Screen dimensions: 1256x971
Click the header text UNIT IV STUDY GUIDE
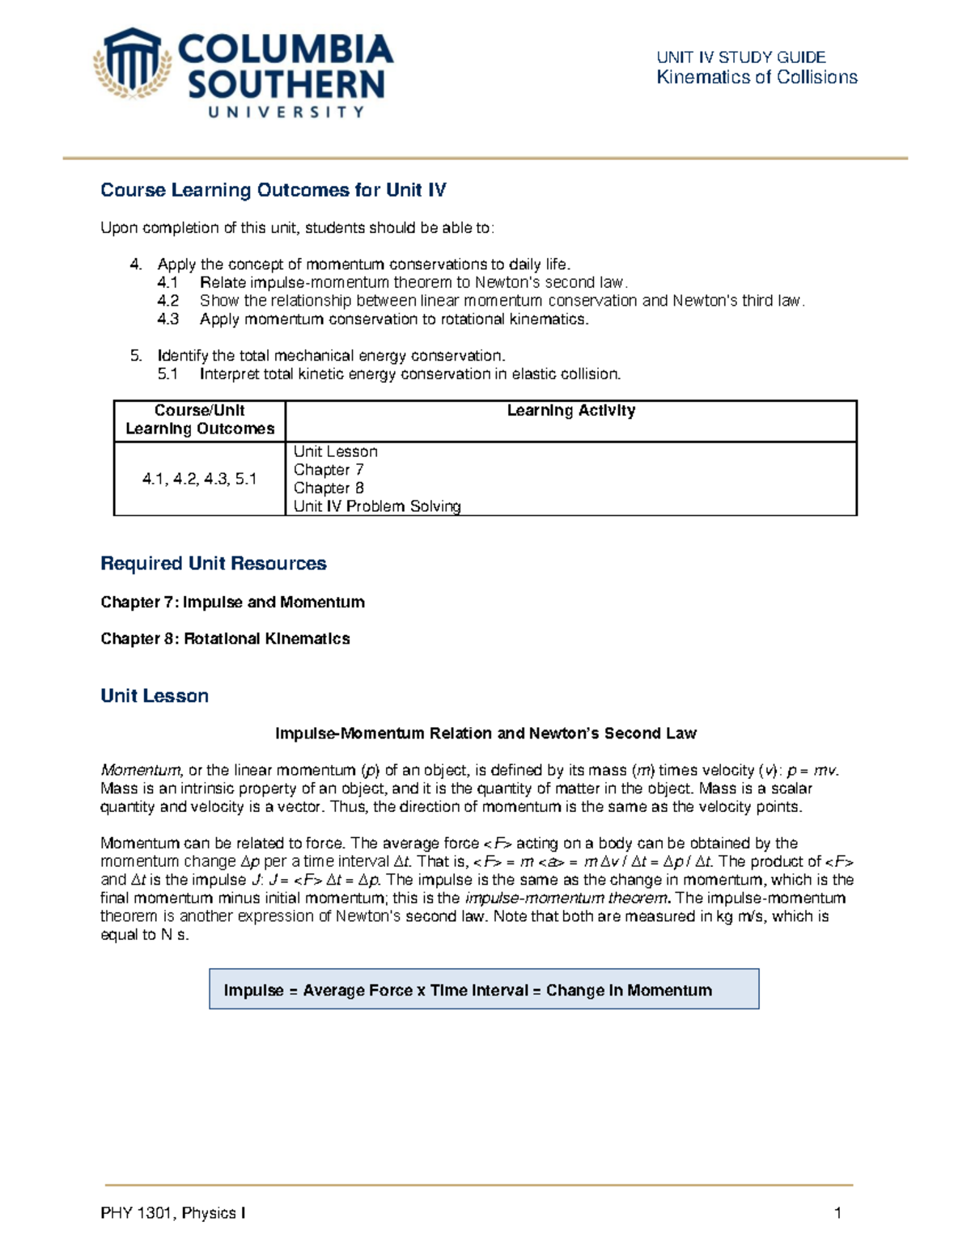(x=740, y=57)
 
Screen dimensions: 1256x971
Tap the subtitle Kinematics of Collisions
(x=757, y=78)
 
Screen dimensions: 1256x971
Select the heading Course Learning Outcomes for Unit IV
(x=273, y=190)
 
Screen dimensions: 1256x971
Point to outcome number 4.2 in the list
(x=167, y=301)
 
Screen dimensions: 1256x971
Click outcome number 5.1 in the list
(x=167, y=374)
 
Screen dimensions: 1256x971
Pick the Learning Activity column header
(x=570, y=411)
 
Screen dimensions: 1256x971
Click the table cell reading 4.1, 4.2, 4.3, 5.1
(x=199, y=479)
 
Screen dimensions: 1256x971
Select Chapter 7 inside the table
(x=329, y=470)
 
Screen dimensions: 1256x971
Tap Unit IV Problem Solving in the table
(x=377, y=506)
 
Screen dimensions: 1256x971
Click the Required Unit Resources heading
(x=213, y=564)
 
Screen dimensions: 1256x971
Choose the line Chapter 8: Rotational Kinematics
(x=225, y=639)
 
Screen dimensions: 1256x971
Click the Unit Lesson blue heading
(x=155, y=696)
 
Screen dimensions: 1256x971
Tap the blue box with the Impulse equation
(x=484, y=989)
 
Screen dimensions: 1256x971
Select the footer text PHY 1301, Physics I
(x=173, y=1213)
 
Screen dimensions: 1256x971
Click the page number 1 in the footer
(x=837, y=1213)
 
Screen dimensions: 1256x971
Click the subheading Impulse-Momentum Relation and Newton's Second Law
(x=485, y=734)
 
